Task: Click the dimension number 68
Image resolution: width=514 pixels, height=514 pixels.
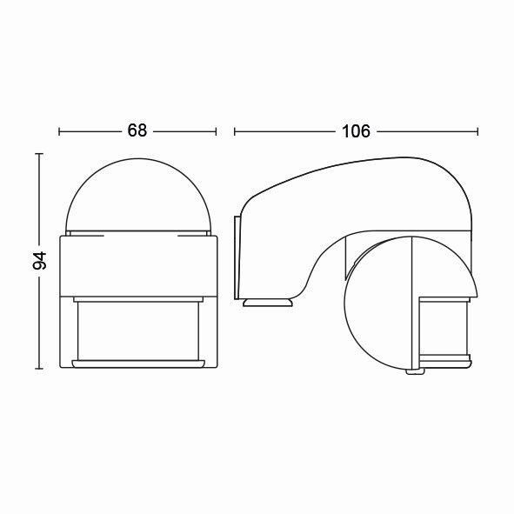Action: point(137,130)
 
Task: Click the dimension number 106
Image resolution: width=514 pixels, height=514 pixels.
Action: point(356,131)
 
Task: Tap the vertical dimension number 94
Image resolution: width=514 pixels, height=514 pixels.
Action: point(40,261)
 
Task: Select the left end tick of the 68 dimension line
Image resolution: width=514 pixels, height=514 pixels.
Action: point(59,131)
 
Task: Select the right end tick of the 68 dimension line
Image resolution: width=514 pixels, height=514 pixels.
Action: point(216,131)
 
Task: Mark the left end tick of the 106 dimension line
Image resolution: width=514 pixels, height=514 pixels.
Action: point(234,131)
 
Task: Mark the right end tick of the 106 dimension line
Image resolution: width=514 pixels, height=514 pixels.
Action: point(477,131)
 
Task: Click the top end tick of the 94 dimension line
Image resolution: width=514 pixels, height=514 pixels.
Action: point(39,153)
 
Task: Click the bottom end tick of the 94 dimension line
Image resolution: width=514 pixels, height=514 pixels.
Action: point(39,369)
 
